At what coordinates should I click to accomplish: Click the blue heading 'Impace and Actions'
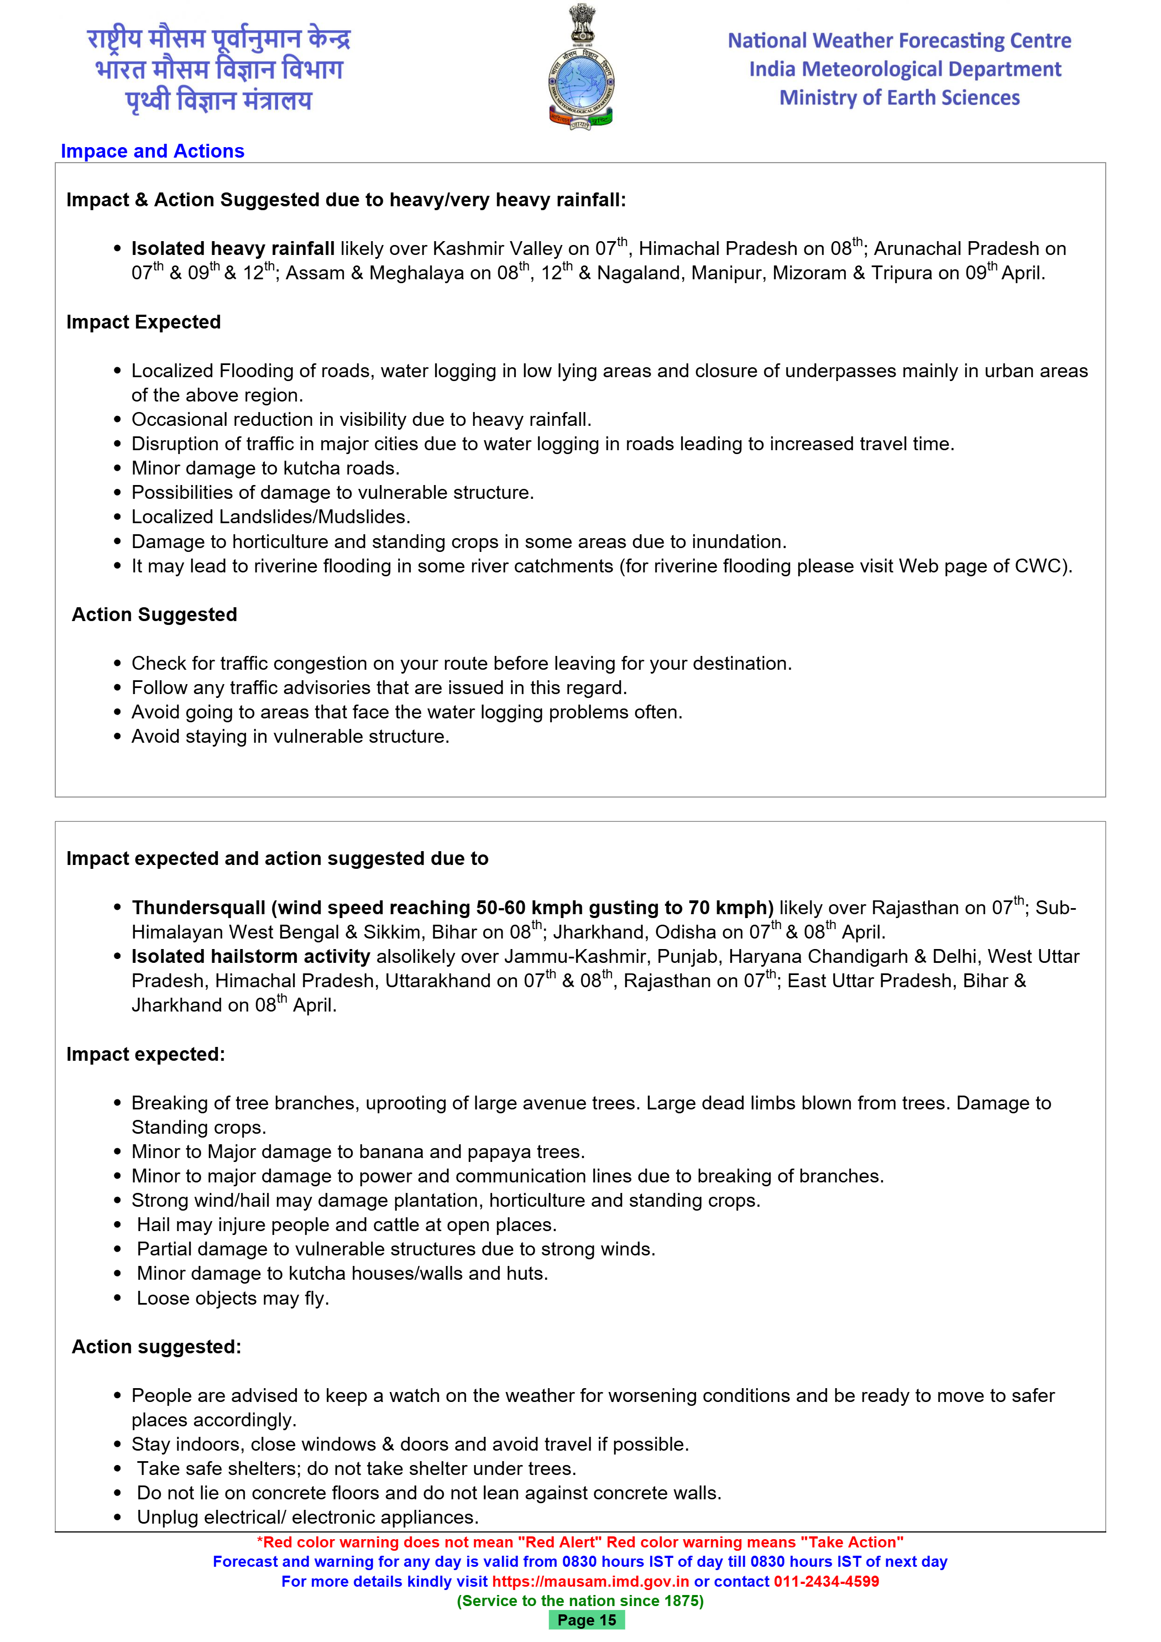152,151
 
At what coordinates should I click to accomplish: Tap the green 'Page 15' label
586,1620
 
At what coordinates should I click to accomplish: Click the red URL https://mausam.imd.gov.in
590,1581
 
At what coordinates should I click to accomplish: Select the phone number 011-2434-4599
826,1581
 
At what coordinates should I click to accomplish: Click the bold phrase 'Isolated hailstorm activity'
250,957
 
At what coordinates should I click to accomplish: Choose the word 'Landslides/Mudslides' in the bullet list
315,517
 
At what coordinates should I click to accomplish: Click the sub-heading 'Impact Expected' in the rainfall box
143,322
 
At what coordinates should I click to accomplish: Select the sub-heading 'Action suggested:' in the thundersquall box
156,1347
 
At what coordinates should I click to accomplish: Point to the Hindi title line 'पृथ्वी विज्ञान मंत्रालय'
219,100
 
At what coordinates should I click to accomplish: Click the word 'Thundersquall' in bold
198,908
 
